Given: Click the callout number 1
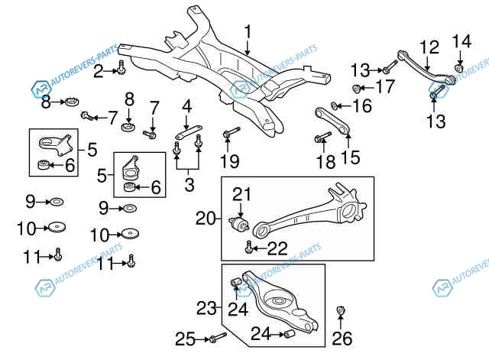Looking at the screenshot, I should coord(248,32).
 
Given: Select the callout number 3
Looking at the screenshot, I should coord(189,184).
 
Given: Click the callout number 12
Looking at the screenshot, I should coord(429,47).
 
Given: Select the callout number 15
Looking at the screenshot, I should coord(349,158).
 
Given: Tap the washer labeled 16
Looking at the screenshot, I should coord(335,105).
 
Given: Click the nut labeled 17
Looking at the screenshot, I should coord(356,89).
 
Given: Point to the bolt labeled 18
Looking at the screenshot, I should coord(321,138).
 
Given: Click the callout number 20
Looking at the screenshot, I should coord(206,219).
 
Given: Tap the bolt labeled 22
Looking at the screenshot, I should coord(249,247).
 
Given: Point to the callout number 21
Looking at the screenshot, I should coord(241,194).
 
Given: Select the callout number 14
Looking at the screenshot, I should coord(461,41).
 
